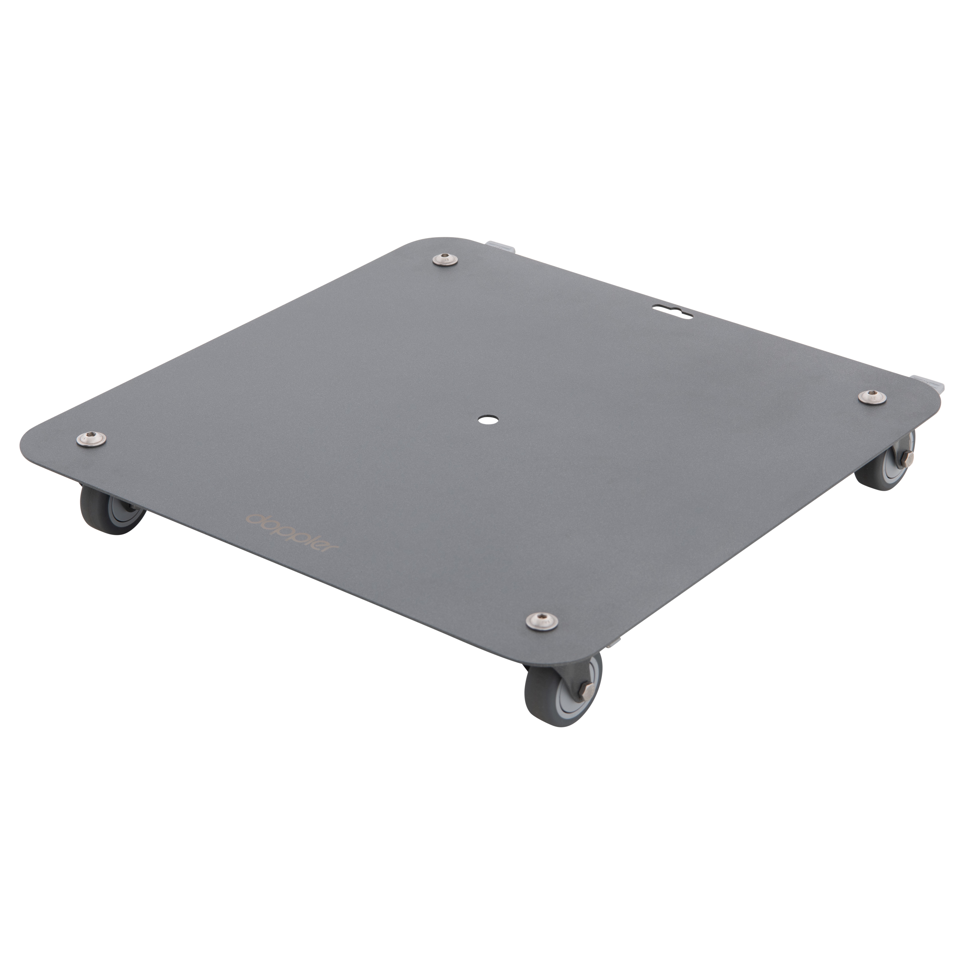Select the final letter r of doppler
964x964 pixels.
click(331, 548)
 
